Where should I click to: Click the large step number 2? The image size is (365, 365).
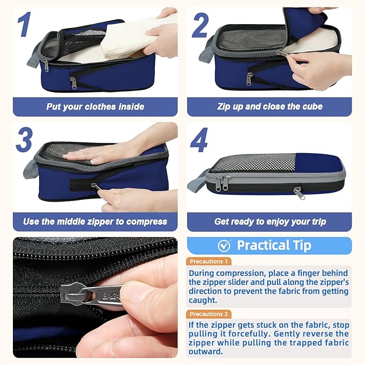(200, 25)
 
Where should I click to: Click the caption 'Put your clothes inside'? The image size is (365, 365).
(95, 106)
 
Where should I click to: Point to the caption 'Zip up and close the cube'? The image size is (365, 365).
(270, 106)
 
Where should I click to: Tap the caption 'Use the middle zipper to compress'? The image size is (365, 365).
(95, 221)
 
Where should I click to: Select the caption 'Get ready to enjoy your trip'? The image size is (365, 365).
(270, 221)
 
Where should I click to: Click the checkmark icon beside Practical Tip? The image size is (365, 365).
(224, 246)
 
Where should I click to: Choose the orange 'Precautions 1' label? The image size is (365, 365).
(209, 261)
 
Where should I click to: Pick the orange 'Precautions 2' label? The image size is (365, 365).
(209, 314)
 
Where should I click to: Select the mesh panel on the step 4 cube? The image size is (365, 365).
(253, 163)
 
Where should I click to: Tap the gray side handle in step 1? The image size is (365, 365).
(33, 55)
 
